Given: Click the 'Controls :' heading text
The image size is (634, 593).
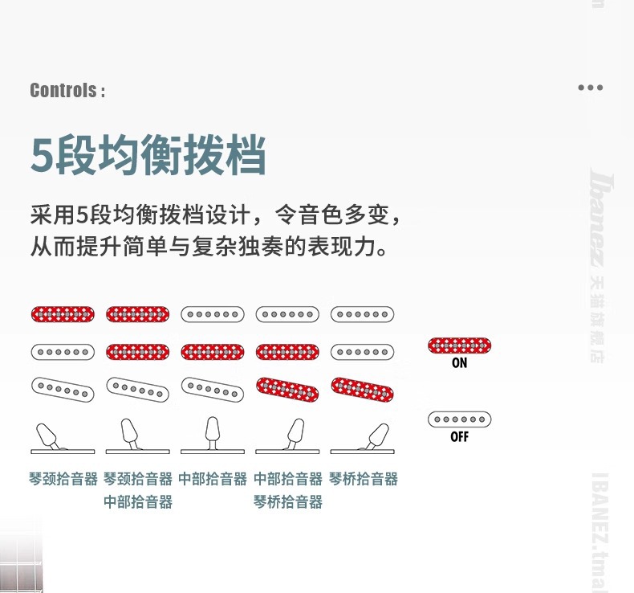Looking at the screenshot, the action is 67,90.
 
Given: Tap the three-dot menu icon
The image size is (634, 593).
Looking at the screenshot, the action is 590,88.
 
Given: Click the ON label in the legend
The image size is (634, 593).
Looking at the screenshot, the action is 459,363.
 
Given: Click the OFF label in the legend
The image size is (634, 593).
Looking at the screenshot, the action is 459,437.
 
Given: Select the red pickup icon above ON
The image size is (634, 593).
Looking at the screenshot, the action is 459,346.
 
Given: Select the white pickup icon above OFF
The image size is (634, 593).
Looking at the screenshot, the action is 459,419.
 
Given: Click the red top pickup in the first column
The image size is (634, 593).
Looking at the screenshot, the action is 63,313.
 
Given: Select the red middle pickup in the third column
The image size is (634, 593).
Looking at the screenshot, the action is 212,351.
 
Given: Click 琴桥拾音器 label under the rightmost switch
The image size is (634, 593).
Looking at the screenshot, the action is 364,479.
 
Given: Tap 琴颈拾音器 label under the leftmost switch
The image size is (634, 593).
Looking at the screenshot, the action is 63,479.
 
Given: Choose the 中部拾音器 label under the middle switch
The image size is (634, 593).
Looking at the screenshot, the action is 213,479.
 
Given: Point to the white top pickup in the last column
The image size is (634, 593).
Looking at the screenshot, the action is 362,313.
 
